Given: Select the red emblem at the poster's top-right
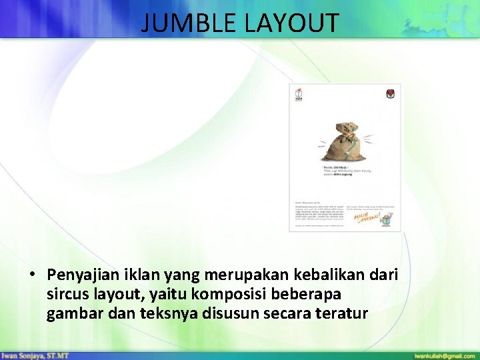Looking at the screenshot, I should [x=390, y=94].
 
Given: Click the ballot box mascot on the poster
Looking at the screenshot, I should [x=387, y=221].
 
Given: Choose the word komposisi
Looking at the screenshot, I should [x=242, y=294].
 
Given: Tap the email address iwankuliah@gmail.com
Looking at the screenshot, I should [x=443, y=355].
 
